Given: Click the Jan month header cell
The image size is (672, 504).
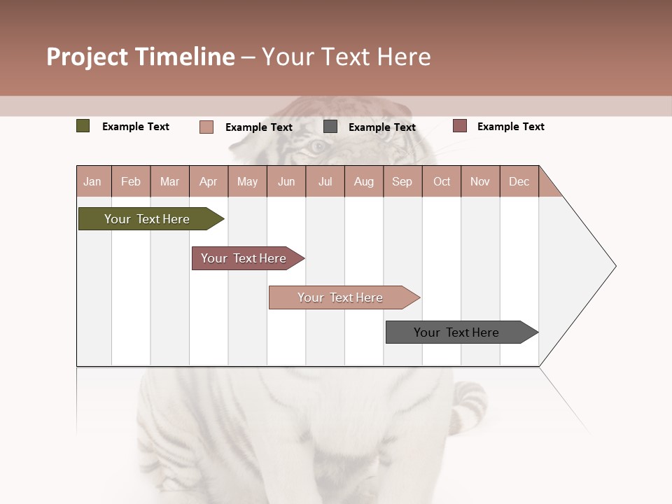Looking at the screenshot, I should coord(93,181).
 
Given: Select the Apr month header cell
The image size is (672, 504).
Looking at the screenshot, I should coord(209,181).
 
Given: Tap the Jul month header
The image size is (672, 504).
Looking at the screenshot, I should coord(325,181).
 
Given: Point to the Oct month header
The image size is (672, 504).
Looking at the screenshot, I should coord(442,181).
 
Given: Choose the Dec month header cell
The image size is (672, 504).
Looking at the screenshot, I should coord(519,181).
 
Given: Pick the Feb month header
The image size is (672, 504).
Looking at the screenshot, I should coord(131,181).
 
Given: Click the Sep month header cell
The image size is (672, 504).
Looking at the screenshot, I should coord(402,181).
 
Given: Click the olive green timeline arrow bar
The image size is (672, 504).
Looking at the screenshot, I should coord(147,219).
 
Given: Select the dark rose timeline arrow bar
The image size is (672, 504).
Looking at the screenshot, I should coord(244,258).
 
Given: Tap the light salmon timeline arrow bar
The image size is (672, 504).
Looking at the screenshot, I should coord(340,297).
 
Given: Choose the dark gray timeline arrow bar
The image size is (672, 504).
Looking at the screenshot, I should coord(456,332).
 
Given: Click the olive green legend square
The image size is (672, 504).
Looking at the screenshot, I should coord(83,126).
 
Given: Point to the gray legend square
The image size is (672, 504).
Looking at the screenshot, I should coord(330,127).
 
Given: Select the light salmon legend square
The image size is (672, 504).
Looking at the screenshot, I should coord(206,127).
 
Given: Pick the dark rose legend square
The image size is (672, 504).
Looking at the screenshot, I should coord(460,126).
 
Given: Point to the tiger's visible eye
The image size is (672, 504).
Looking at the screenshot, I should coord(317,146).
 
